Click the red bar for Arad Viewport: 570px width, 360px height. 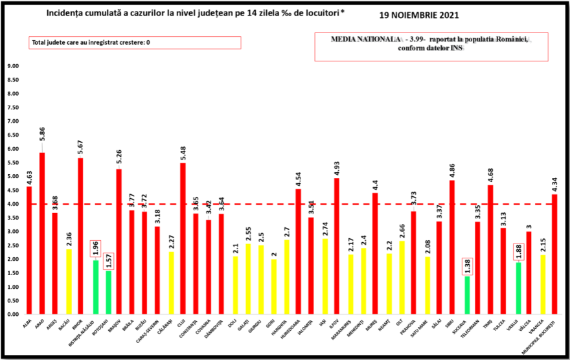coord(42,233)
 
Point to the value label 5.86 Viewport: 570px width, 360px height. coord(42,141)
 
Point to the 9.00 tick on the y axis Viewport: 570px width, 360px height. coord(13,66)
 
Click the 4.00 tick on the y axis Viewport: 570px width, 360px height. coord(13,204)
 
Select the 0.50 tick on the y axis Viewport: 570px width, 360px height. coord(13,300)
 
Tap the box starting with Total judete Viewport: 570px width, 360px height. coord(134,43)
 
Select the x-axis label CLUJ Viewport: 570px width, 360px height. coord(183,322)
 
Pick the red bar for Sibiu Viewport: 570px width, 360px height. coord(451,247)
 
